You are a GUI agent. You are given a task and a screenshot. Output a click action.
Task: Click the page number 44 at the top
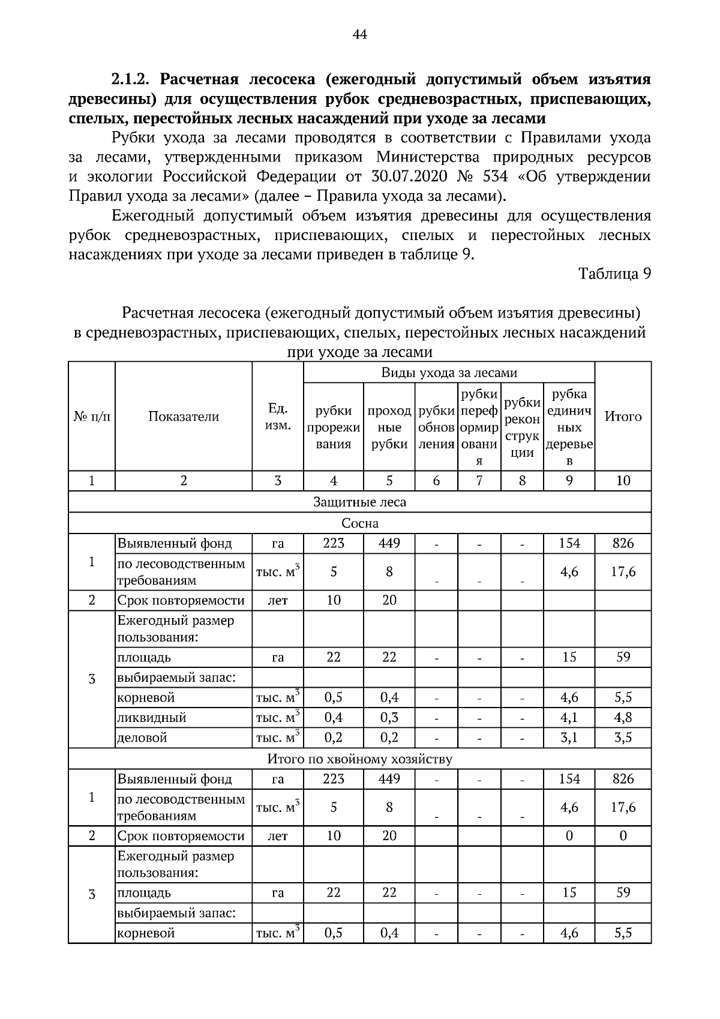[x=360, y=35]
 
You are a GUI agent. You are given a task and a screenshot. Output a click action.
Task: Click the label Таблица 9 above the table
[x=614, y=274]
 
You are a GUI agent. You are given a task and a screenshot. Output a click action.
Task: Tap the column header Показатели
[x=184, y=416]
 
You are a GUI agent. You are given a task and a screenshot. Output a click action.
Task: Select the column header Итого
[x=623, y=416]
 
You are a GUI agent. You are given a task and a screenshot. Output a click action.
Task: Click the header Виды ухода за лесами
[x=449, y=373]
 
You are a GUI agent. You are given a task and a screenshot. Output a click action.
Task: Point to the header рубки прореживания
[x=334, y=427]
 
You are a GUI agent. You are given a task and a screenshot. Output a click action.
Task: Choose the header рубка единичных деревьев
[x=569, y=427]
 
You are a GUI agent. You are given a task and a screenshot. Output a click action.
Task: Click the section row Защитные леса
[x=359, y=502]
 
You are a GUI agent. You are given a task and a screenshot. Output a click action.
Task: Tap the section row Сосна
[x=359, y=523]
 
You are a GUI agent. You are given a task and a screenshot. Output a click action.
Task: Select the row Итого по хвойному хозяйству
[x=359, y=759]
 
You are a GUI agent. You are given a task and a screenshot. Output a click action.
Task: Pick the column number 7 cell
[x=479, y=481]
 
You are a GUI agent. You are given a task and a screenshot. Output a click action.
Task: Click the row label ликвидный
[x=152, y=718]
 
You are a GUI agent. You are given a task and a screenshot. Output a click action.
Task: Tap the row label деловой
[x=142, y=738]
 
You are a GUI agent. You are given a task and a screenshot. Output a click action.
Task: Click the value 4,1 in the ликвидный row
[x=569, y=718]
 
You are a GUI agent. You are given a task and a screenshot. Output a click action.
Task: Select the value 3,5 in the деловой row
[x=623, y=738]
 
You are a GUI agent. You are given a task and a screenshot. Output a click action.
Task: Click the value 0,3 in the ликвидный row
[x=389, y=718]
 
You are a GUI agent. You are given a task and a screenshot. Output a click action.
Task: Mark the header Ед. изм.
[x=277, y=416]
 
